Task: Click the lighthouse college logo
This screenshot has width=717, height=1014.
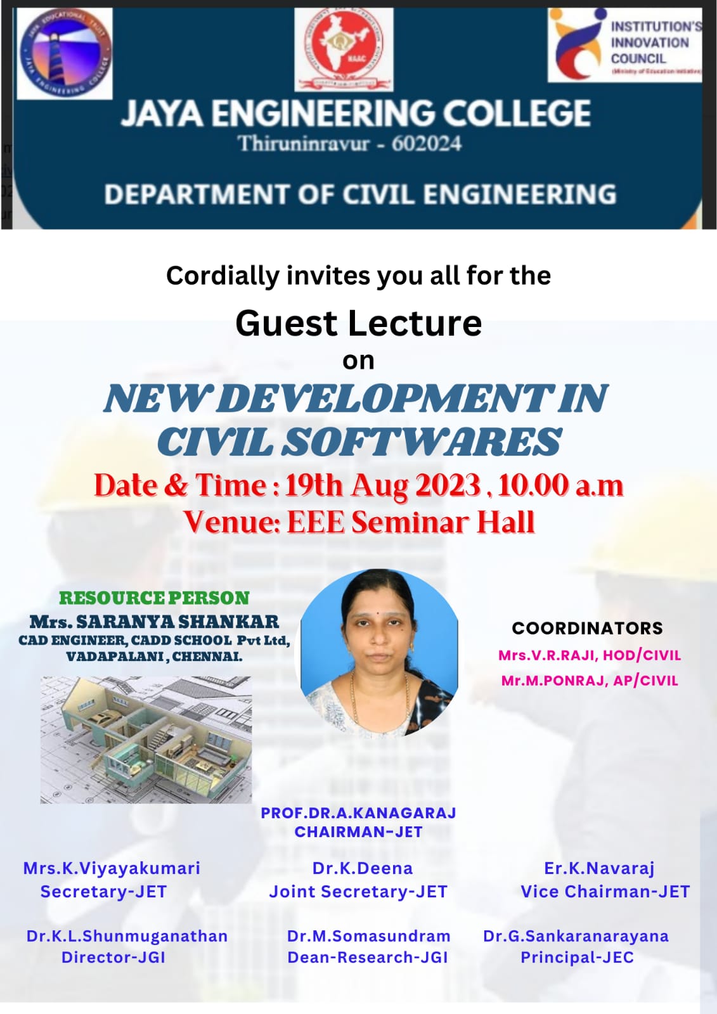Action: (65, 53)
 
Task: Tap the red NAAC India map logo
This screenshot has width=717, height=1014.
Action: (344, 49)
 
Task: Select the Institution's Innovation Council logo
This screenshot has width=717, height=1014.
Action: (624, 44)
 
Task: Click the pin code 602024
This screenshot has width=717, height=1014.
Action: (426, 144)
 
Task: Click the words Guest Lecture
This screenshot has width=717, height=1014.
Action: (358, 323)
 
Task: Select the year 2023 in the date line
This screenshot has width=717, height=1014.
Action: (448, 485)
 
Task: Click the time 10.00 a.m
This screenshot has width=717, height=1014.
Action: (560, 485)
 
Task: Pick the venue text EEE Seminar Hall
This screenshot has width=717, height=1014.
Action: (411, 523)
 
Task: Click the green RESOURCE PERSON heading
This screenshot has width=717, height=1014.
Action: (154, 598)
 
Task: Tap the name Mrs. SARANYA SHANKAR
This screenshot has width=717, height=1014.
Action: (154, 622)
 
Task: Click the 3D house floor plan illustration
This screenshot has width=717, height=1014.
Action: (146, 740)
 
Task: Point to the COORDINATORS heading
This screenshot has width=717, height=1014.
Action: (587, 628)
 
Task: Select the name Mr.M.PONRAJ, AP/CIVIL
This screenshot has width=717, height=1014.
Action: (590, 681)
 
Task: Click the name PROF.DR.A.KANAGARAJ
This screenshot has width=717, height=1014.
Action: (358, 813)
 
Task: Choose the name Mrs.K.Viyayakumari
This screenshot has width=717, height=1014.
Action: (112, 868)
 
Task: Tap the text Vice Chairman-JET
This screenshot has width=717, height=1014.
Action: (605, 892)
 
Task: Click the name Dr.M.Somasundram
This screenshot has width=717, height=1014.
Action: (368, 936)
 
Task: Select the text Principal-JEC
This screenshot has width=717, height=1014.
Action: (577, 958)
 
